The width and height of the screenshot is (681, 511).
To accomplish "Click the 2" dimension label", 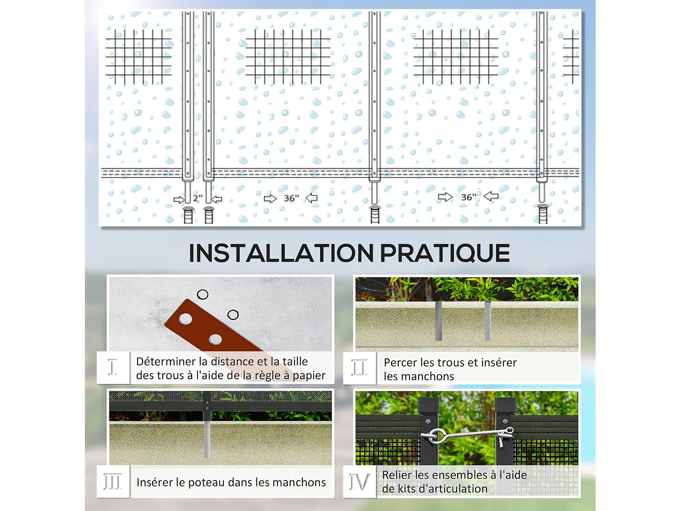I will coord(198,198).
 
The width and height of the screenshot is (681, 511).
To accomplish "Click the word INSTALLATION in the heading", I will coord(281,253).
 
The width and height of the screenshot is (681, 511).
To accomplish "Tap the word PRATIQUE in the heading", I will coord(444,253).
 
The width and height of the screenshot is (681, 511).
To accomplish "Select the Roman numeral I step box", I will coord(113,367).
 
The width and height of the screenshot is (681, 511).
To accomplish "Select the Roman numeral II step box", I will coord(359,367).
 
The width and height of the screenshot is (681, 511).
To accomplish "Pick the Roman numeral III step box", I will coord(113,481).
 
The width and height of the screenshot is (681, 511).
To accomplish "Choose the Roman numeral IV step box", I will coord(359,481).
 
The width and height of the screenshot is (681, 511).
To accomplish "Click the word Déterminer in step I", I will coord(166,362).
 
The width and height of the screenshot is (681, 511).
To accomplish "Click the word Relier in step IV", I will coord(397,475).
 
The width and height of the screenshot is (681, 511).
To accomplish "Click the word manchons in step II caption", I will coord(419,377).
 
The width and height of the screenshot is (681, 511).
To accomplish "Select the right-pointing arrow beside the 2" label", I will coord(179,199).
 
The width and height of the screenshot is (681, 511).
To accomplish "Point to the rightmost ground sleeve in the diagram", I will coord(543,214).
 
